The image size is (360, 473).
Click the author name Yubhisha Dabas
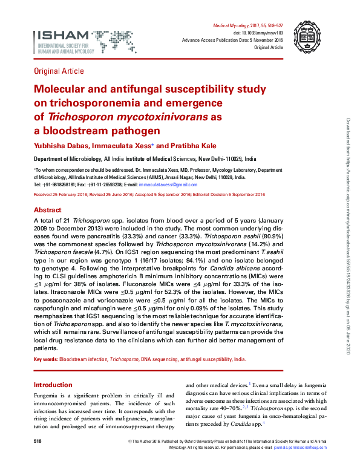coord(59,145)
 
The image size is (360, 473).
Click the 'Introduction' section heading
coord(53,385)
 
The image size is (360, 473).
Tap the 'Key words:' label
coord(45,359)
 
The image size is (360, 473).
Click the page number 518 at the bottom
coord(38,443)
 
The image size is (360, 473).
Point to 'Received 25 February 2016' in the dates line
coord(61,195)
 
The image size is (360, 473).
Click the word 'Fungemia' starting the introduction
coord(46,395)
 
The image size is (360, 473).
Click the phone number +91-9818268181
coord(60,184)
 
